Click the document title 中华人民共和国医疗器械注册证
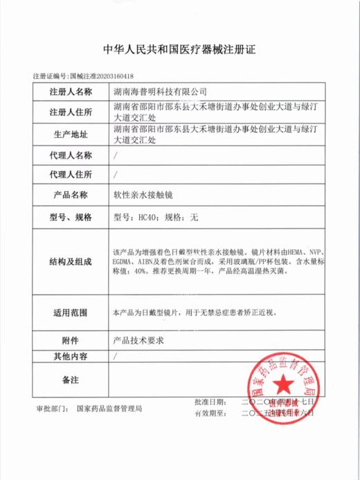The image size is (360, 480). pos(179,50)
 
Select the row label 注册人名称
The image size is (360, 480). pos(71,91)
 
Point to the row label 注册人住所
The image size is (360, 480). pos(71,113)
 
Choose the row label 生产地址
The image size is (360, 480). pos(71,134)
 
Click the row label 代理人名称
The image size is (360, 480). pos(71,154)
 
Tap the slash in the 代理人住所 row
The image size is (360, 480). pos(115,174)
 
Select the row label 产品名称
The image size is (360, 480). pos(71,195)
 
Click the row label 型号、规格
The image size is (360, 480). pos(71,217)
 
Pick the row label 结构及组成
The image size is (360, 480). pos(71,260)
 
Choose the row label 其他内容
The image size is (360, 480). pos(71,357)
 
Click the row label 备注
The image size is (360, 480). pos(71,380)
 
